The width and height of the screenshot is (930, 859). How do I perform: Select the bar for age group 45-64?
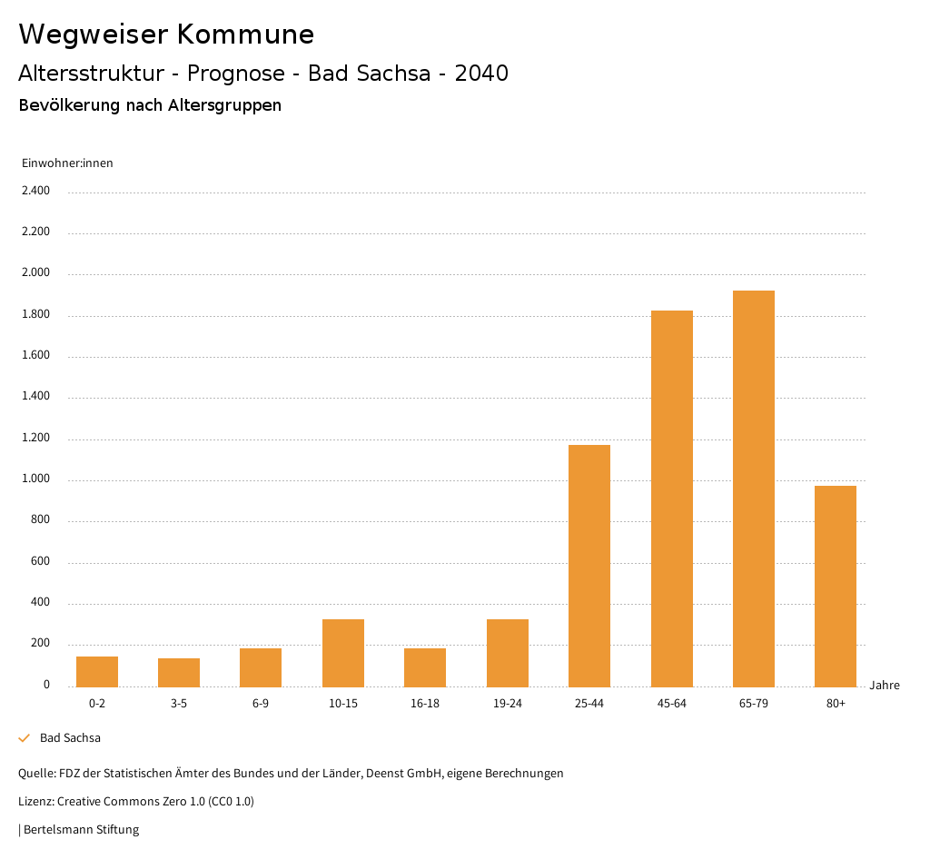point(672,499)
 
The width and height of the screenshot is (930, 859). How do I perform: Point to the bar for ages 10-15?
point(343,653)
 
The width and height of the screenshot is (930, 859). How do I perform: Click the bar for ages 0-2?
point(97,672)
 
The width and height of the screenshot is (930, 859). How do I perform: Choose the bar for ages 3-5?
point(179,673)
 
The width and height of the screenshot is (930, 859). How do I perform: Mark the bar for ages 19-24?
point(508,653)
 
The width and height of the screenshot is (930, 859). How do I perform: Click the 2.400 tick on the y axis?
point(35,191)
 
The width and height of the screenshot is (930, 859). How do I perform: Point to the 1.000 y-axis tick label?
point(35,479)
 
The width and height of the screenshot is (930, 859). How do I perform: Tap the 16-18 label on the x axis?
point(425,704)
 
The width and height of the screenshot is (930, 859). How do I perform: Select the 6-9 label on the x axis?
point(261,704)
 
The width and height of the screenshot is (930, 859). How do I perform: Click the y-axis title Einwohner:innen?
point(67,163)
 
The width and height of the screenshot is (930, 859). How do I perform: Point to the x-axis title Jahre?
point(885,686)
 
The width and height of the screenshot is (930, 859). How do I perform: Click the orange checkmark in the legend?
point(25,738)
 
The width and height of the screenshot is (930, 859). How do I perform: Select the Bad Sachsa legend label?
point(70,738)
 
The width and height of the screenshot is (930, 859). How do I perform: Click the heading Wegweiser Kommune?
point(166,35)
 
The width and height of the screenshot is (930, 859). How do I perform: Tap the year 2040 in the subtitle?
point(481,74)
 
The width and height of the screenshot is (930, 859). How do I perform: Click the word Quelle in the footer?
point(36,774)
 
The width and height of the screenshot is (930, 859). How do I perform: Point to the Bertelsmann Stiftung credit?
point(81,830)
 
